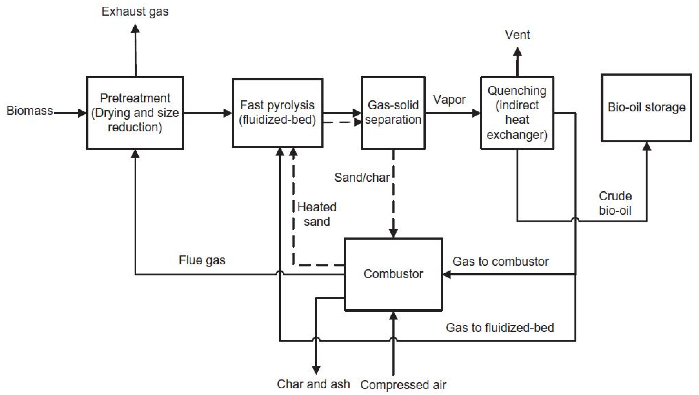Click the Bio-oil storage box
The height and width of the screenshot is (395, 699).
(646, 108)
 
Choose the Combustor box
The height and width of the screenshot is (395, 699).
(393, 274)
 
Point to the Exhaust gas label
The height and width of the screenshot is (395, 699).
(135, 12)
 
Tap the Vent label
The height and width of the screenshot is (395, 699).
(517, 35)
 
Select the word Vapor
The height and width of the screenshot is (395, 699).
(449, 99)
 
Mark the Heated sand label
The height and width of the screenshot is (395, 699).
(317, 214)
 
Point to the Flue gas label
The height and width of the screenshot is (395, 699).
(202, 260)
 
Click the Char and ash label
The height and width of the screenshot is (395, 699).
(313, 384)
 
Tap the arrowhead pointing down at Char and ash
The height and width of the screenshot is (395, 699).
(316, 370)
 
